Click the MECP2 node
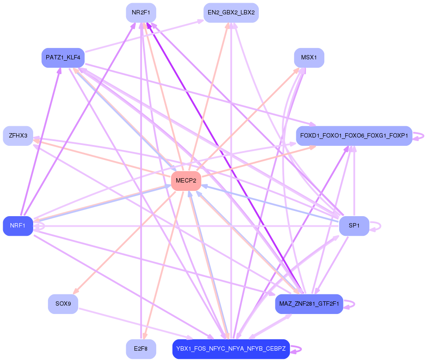[186, 181]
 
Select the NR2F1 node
[141, 13]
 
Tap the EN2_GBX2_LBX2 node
[231, 13]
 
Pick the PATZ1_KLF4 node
[63, 58]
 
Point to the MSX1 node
[309, 58]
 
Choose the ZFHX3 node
[18, 136]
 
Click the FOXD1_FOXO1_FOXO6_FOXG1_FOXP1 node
[354, 136]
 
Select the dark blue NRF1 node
[18, 226]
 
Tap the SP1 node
[354, 226]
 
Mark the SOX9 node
[63, 304]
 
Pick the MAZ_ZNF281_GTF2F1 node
[309, 304]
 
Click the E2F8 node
[141, 349]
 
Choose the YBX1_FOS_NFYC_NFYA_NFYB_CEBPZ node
[231, 349]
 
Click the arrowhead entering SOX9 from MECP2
[76, 292]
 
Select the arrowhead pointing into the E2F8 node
[144, 337]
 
